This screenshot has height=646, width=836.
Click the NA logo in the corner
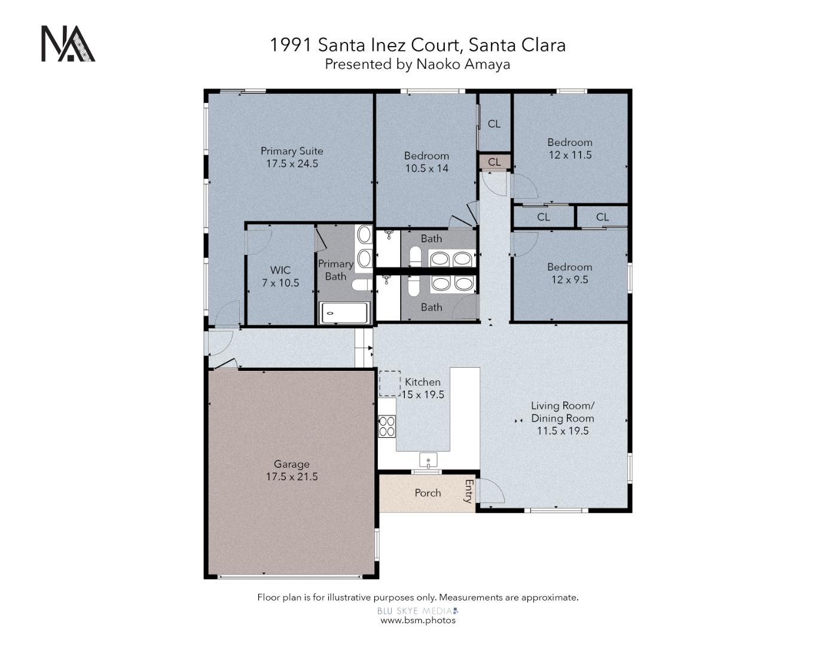pos(68,44)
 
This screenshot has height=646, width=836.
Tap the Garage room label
pos(292,470)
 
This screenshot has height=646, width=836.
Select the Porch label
pos(428,493)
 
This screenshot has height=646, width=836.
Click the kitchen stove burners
pos(387,425)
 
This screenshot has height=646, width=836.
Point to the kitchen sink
pos(428,460)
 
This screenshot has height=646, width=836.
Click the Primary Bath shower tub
pos(345,313)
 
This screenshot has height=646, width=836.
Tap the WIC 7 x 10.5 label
pos(280,276)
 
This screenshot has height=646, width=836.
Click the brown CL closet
pos(494,162)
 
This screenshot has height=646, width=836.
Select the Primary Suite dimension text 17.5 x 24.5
pos(292,163)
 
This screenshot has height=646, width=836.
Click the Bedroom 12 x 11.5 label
pos(570,148)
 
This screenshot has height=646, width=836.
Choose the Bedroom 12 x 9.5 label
pos(570,273)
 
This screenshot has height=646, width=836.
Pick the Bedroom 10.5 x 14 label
pos(426,162)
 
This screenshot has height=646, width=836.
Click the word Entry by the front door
pos(469,492)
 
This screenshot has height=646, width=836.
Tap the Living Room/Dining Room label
pos(562,418)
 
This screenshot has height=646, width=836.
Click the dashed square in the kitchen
pos(389,383)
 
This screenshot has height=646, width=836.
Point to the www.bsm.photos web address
pos(418,620)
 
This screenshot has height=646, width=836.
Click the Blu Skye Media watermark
pos(417,611)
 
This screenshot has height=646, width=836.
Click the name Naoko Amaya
pos(463,64)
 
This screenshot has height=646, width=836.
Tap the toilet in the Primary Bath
pos(361,285)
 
